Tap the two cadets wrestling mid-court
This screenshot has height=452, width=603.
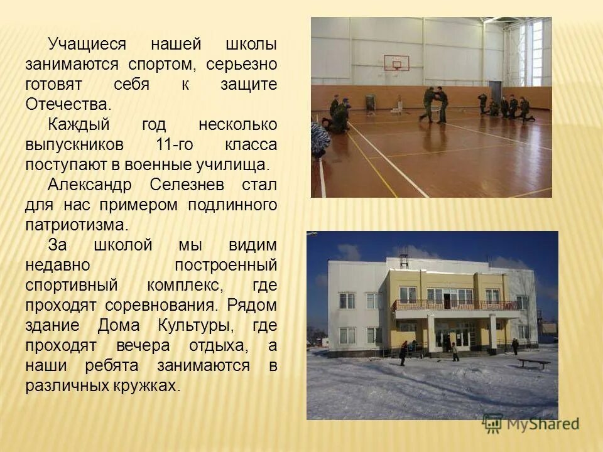tap(433, 104)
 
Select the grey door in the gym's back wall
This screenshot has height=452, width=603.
tap(370, 102)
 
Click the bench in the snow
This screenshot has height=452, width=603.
tap(533, 363)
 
